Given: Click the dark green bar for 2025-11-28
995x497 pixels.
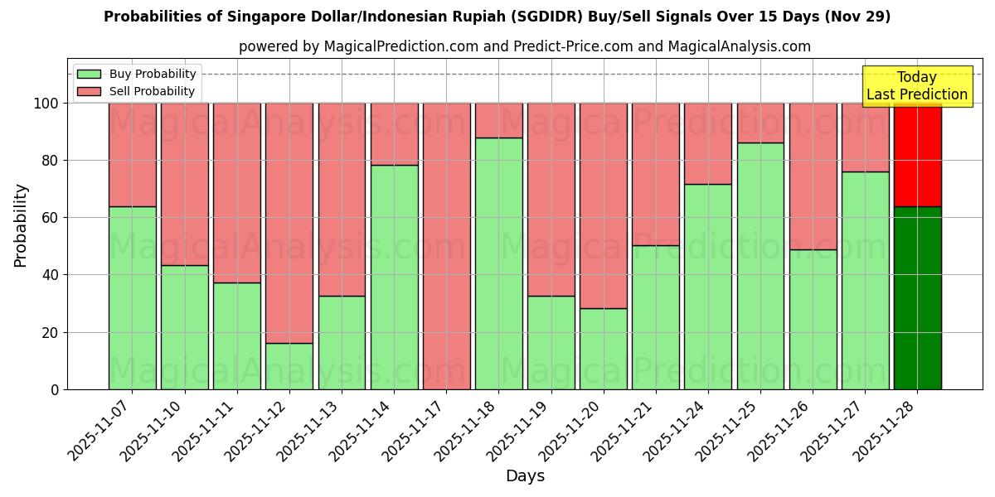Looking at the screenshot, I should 917,298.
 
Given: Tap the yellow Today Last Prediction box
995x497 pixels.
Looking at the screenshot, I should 917,86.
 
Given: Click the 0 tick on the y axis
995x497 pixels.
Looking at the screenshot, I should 55,389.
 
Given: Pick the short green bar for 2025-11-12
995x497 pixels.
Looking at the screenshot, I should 289,366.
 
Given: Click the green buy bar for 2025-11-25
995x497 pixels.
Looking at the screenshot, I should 760,266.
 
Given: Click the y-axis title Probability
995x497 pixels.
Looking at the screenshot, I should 21,225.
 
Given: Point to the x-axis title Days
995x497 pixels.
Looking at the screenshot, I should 525,476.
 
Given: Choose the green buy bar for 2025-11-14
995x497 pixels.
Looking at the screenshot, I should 394,277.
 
